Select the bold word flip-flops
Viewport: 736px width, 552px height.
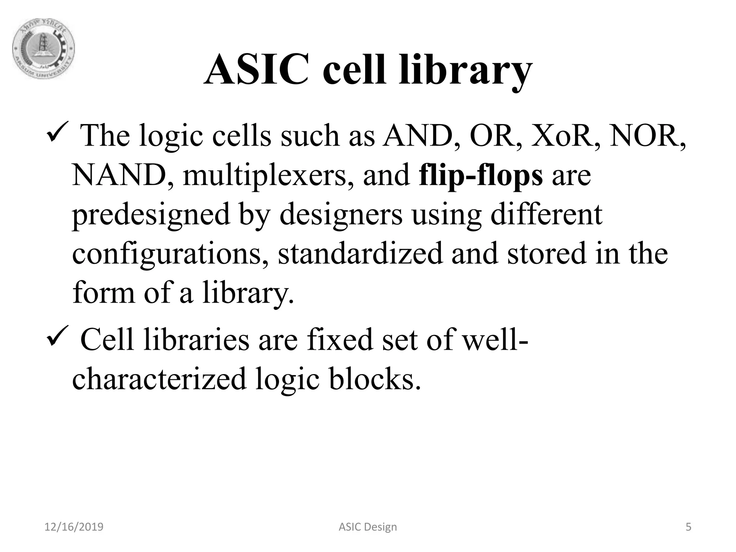[480, 176]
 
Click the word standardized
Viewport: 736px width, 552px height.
[360, 253]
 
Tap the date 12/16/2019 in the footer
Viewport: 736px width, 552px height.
[74, 527]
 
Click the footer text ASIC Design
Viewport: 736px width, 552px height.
[368, 527]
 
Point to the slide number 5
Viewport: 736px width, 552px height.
[688, 527]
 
